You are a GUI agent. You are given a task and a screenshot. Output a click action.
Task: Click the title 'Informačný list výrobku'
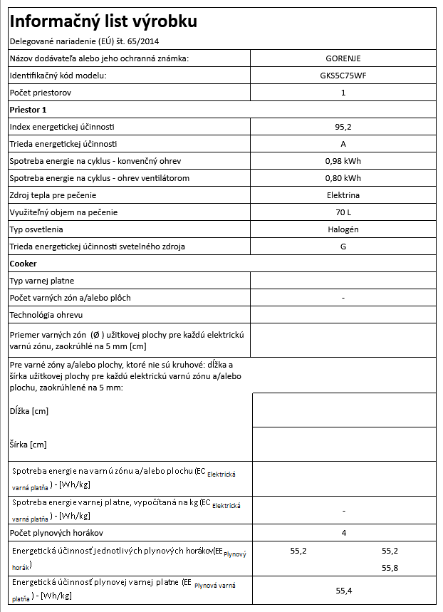point(103,22)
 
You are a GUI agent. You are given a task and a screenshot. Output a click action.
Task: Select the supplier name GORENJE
point(343,58)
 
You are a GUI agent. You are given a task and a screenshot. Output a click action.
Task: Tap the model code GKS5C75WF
point(343,76)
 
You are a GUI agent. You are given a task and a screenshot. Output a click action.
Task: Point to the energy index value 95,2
point(343,127)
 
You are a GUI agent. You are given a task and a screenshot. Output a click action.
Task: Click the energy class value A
point(343,144)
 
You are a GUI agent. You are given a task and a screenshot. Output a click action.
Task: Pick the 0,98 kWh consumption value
point(343,161)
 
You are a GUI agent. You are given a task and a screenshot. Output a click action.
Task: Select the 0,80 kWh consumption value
point(343,178)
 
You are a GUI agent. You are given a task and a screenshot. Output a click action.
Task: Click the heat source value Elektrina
point(343,195)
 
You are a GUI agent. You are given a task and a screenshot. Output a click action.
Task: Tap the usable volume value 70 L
point(343,212)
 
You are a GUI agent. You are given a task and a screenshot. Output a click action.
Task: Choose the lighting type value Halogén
point(343,229)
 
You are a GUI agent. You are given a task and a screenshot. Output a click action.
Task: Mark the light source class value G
point(343,247)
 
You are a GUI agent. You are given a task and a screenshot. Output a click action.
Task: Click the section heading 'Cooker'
point(23,264)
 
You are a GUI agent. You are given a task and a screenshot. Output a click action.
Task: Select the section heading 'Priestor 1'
point(28,110)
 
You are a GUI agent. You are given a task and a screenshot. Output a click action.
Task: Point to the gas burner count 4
point(343,533)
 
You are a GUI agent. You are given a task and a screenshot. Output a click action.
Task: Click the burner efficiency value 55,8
point(391,568)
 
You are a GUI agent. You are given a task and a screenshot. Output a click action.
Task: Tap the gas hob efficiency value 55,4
point(343,591)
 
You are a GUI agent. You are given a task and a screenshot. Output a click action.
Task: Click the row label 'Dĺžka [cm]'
point(29,411)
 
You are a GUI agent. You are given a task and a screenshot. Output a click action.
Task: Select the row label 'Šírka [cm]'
point(28,445)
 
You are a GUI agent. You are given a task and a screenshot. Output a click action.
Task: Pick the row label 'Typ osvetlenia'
point(36,229)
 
